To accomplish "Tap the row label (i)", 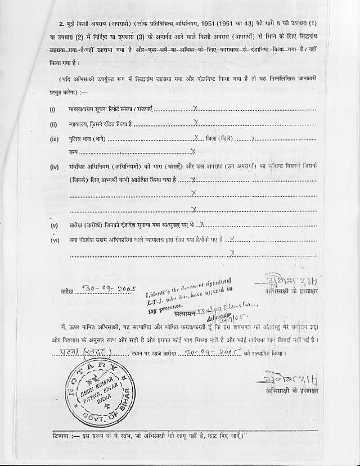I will pyautogui.click(x=53, y=110).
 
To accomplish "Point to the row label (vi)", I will pyautogui.click(x=55, y=240).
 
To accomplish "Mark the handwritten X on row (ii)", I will pyautogui.click(x=195, y=122).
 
